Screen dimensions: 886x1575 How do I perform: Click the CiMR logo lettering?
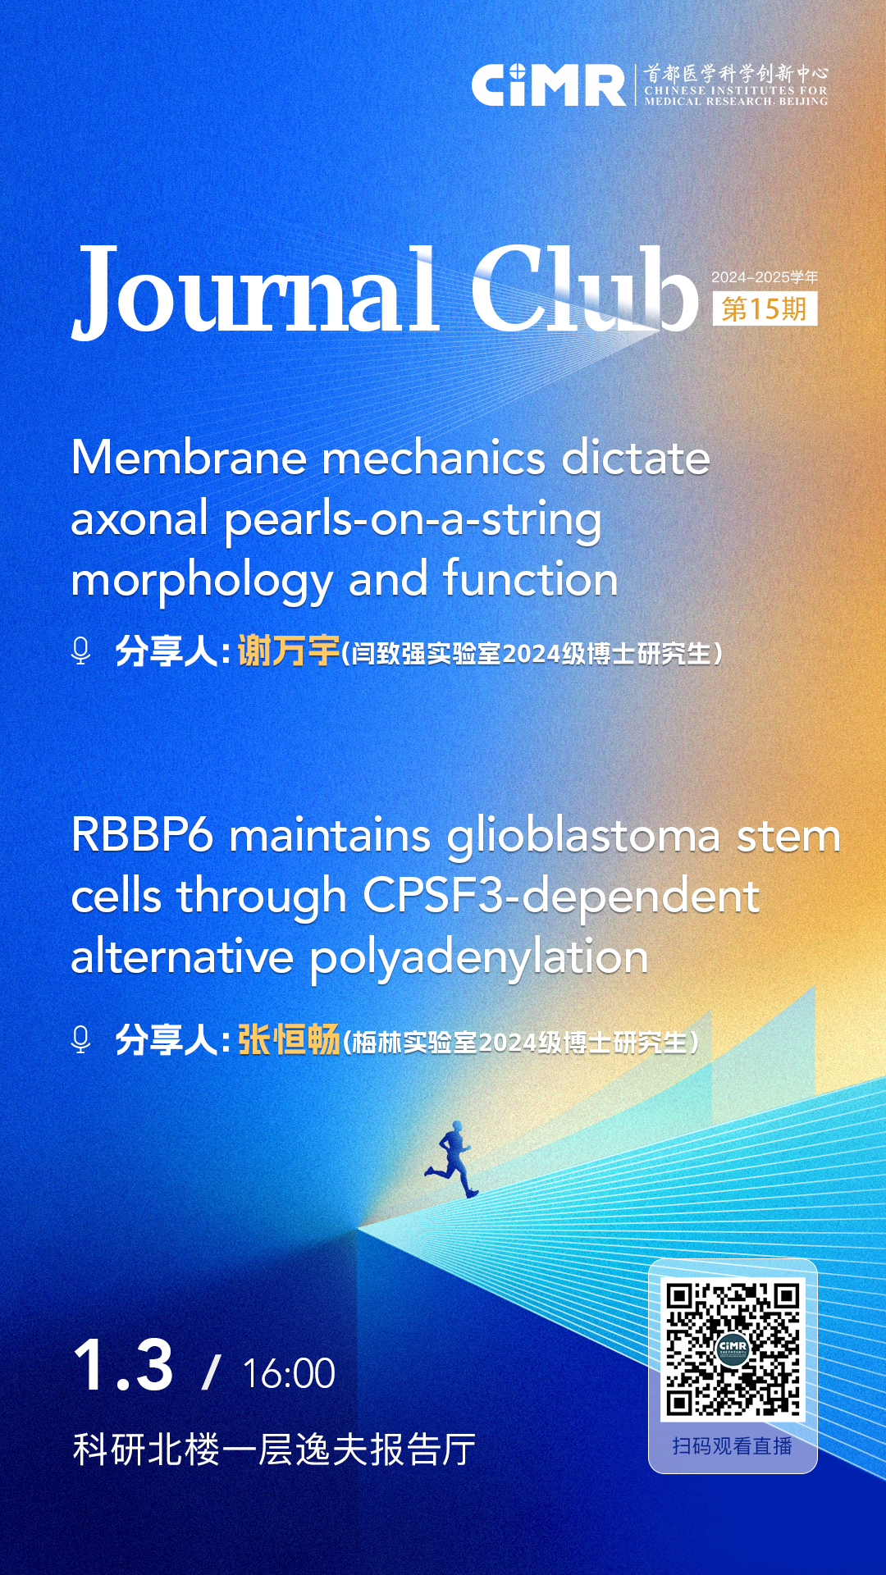tap(548, 84)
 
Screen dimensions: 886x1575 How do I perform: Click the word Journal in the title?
tap(254, 291)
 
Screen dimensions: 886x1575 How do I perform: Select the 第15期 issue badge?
tap(765, 309)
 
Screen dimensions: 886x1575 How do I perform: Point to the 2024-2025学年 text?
tap(765, 277)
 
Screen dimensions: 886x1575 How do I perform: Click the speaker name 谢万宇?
tap(288, 651)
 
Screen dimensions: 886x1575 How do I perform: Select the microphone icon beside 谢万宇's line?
tap(80, 651)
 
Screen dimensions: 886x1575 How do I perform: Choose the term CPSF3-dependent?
tap(561, 897)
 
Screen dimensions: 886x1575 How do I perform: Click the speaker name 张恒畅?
tap(289, 1040)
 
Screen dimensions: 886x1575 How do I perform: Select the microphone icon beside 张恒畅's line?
tap(80, 1039)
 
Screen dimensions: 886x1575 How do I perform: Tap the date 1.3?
tap(123, 1366)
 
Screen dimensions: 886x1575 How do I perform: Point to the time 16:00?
tap(289, 1373)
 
